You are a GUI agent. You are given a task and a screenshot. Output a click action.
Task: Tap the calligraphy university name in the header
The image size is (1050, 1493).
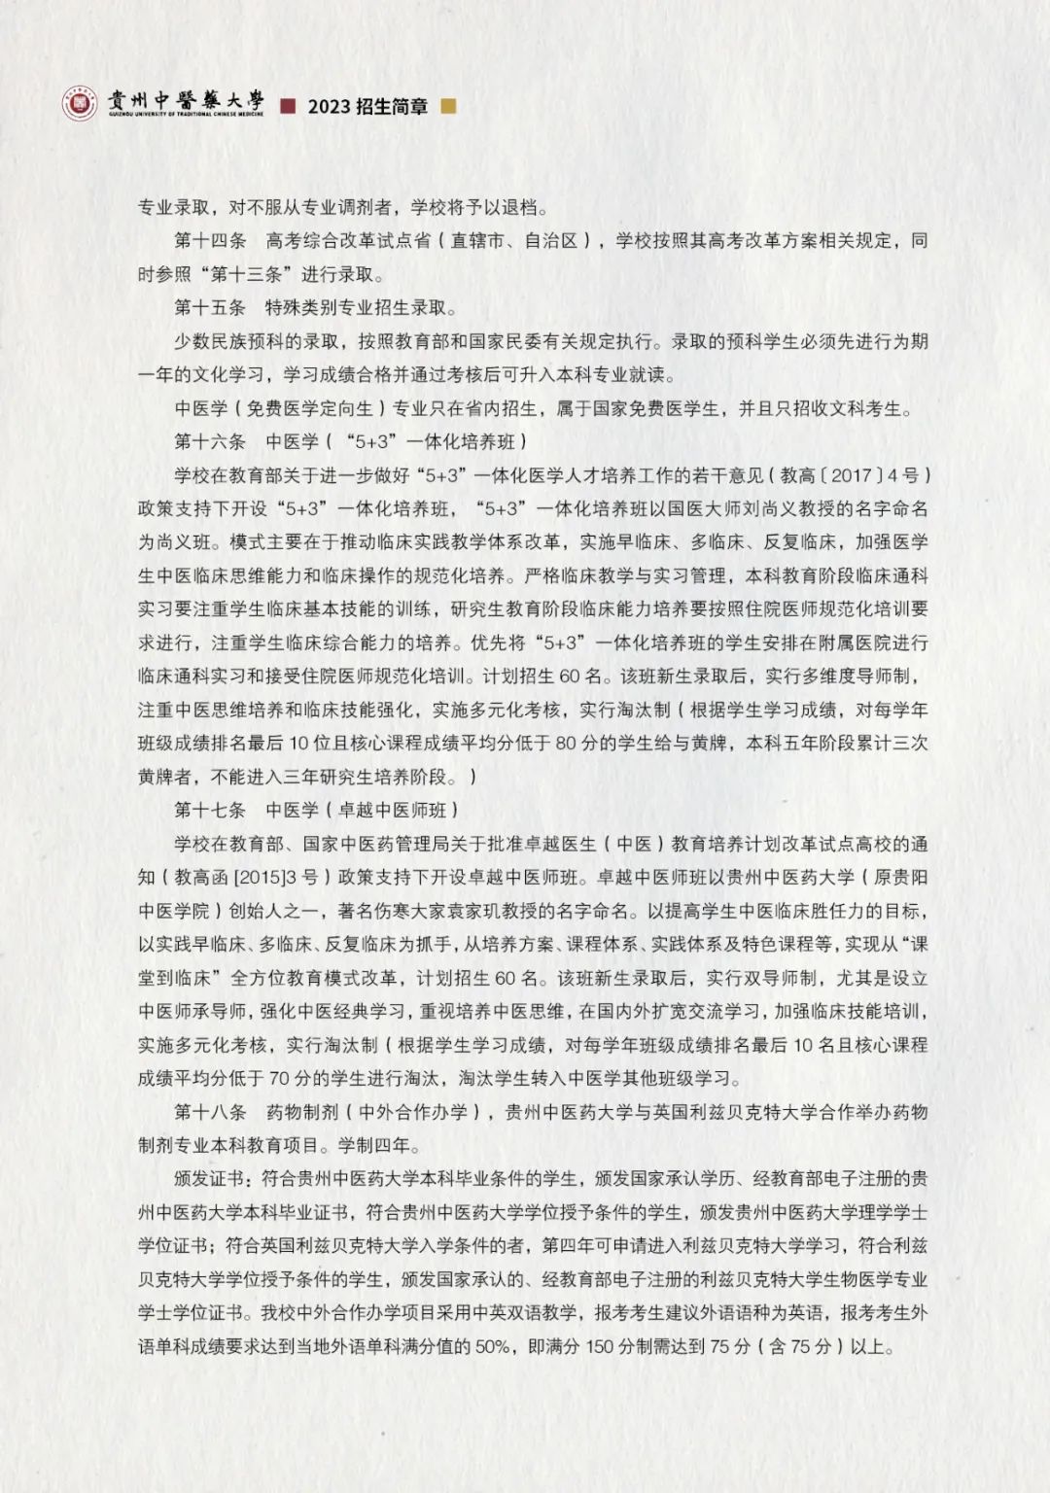186,100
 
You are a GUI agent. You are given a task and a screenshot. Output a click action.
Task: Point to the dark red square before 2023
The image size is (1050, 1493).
287,106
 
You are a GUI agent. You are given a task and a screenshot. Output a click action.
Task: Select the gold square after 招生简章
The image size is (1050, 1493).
447,106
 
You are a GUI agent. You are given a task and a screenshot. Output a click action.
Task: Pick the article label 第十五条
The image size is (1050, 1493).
210,308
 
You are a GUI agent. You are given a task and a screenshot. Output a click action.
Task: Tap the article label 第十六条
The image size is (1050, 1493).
210,441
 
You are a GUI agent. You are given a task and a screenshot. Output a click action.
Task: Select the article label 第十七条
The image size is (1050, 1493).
210,810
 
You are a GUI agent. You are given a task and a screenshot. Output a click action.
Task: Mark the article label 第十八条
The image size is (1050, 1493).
210,1112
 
